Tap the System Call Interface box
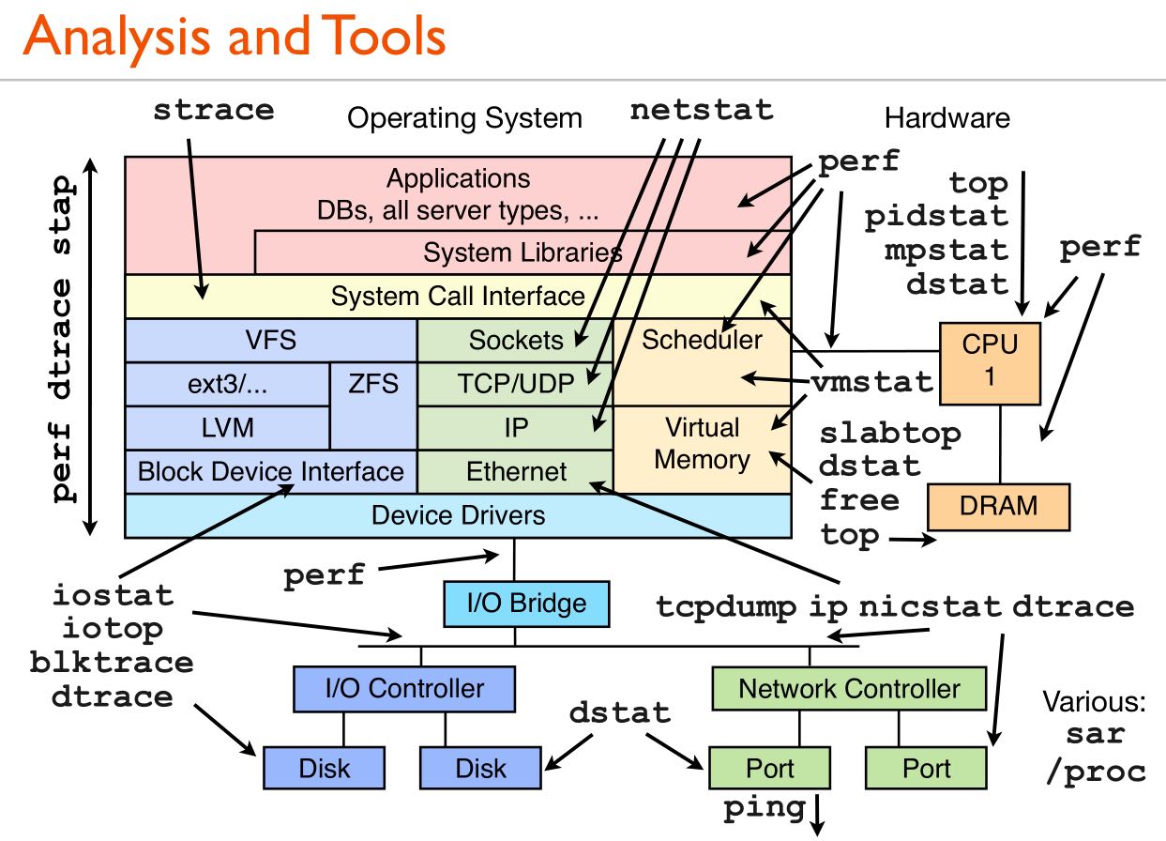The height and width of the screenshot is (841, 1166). coord(458,297)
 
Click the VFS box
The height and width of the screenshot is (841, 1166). coord(270,339)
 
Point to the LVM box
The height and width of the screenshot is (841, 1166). coord(227,427)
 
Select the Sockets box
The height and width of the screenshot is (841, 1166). coord(515,340)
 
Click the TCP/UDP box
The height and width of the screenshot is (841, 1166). coord(515,384)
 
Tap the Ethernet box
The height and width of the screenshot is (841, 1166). coord(516,471)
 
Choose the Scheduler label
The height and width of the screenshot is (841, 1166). coord(702,339)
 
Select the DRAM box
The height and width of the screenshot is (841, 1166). coord(998,506)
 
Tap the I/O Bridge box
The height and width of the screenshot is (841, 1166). coord(526,603)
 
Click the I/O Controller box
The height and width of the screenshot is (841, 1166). coord(404,688)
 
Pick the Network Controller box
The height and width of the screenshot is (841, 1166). coord(849,689)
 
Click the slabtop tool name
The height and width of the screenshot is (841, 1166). coord(890,434)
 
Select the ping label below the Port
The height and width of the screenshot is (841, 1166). coord(764,806)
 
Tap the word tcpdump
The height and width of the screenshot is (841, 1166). coord(727,606)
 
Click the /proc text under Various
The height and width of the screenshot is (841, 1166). coord(1097,771)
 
